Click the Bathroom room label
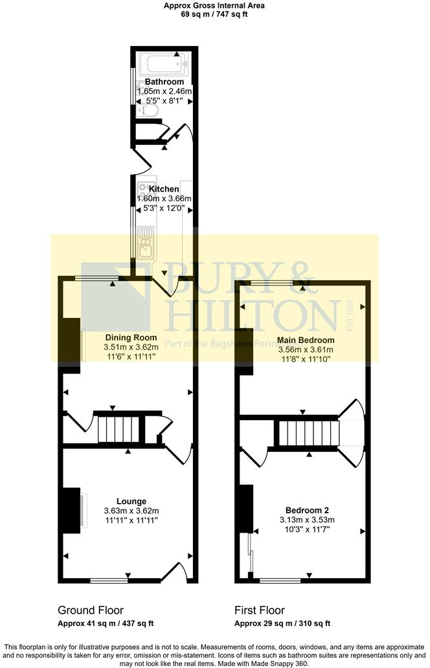(x=164, y=82)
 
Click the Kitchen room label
(x=164, y=189)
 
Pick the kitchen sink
(x=145, y=245)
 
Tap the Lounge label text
(x=131, y=501)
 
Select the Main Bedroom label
(x=306, y=340)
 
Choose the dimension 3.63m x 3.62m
(x=131, y=511)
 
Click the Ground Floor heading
(x=91, y=610)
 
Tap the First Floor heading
(x=259, y=610)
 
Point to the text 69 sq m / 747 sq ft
(x=214, y=14)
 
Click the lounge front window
(x=109, y=581)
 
